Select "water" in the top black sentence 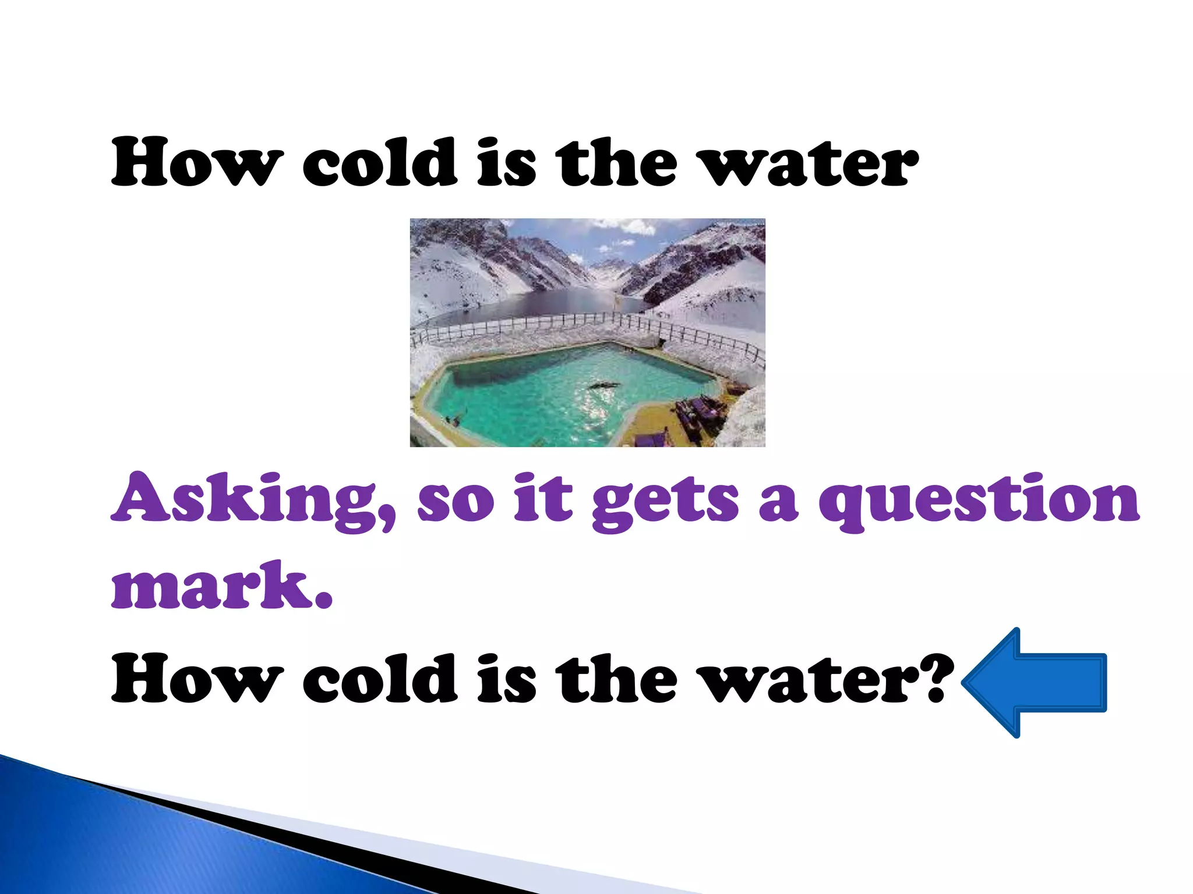809,164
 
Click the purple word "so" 456,502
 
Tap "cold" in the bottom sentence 380,679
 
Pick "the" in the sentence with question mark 616,679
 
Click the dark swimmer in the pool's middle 603,385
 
